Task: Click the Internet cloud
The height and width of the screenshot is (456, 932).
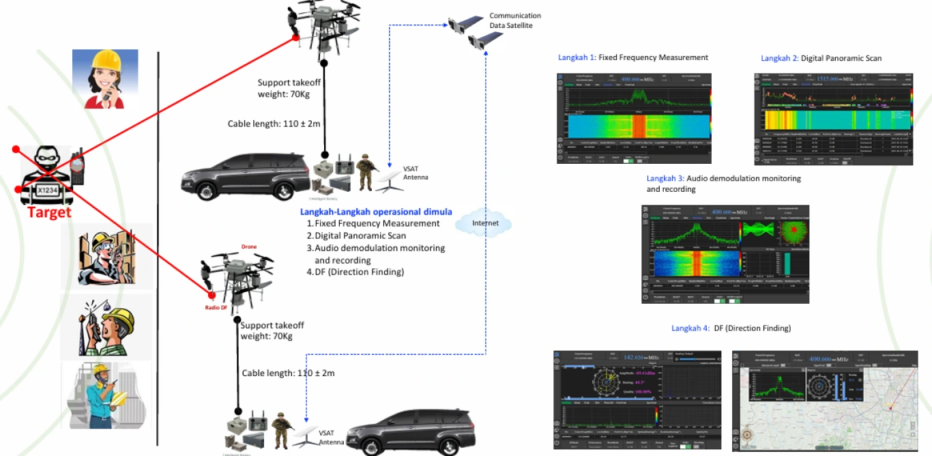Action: [x=485, y=224]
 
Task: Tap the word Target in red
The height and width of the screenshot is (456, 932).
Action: [x=48, y=213]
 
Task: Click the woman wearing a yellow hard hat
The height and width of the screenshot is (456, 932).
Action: [x=105, y=79]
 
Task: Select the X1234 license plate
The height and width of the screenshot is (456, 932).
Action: [x=47, y=190]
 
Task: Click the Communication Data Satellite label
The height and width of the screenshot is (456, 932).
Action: [x=515, y=20]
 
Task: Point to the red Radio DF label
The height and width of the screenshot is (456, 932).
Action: [x=216, y=308]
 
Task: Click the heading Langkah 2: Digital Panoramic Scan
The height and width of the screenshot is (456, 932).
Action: [x=821, y=58]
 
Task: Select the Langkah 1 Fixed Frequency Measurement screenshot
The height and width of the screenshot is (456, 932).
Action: [x=635, y=118]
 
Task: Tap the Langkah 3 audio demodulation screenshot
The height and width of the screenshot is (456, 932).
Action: [x=725, y=253]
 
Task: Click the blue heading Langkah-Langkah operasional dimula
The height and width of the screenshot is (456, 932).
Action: [x=376, y=212]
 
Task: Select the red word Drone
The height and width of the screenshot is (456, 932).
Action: [x=249, y=246]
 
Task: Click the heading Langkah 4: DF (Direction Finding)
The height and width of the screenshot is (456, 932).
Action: [x=731, y=328]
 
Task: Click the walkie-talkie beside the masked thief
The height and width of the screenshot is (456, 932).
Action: [x=77, y=166]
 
